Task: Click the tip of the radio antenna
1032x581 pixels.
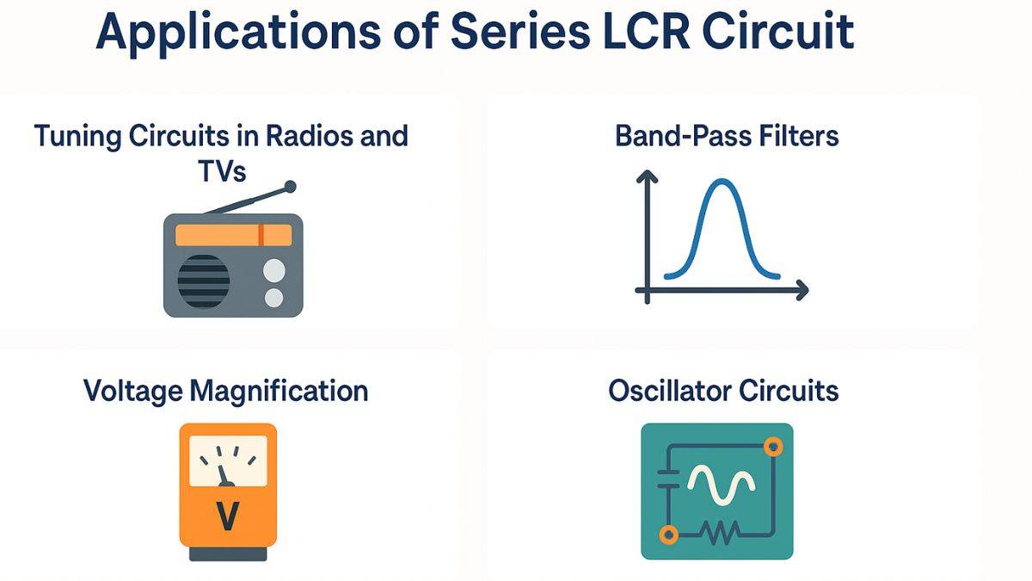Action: point(290,186)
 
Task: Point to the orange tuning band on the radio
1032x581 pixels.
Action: point(233,235)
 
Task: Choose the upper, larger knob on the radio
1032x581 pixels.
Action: point(273,270)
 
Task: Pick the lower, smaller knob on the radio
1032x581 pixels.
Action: point(273,298)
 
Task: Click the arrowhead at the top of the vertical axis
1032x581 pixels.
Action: point(646,176)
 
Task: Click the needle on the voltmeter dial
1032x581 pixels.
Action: point(224,473)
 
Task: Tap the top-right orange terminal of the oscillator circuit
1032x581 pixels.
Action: point(774,446)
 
